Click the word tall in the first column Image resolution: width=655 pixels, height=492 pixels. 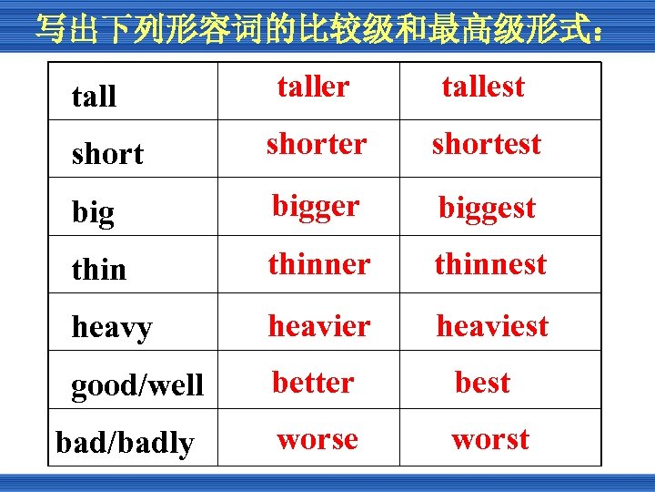click(x=94, y=96)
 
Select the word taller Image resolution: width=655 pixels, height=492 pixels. click(x=313, y=87)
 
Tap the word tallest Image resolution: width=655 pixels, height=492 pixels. click(x=483, y=87)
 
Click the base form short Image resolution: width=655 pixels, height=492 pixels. click(x=107, y=154)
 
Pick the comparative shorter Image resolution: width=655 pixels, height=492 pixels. click(x=317, y=144)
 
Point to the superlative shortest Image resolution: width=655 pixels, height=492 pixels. click(x=486, y=144)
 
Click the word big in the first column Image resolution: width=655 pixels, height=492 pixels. click(x=93, y=212)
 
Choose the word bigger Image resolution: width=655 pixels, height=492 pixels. click(x=316, y=206)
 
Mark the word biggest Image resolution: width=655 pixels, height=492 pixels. click(x=487, y=208)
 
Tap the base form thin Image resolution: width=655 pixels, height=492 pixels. click(x=99, y=270)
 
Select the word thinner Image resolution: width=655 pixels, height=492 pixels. click(x=318, y=264)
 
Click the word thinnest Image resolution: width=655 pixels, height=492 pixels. click(x=490, y=264)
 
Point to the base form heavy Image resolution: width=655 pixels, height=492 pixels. click(x=112, y=327)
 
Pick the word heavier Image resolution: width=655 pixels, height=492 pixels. click(x=318, y=325)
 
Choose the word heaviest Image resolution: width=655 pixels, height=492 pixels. click(x=492, y=325)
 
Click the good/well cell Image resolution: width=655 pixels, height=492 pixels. click(x=137, y=385)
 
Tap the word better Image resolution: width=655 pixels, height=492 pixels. click(x=313, y=382)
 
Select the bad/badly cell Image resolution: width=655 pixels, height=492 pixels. click(x=125, y=444)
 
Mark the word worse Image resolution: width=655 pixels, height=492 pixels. click(x=317, y=439)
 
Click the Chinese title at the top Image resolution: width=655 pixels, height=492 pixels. click(x=318, y=29)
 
